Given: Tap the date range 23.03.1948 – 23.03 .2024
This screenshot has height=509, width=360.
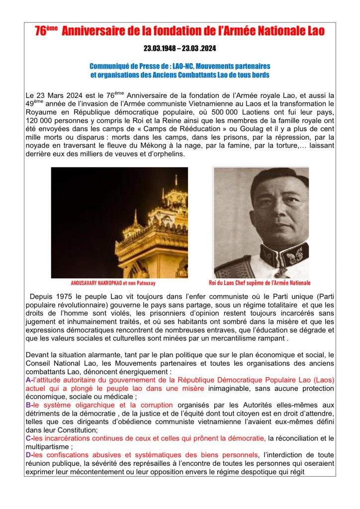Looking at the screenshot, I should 180,49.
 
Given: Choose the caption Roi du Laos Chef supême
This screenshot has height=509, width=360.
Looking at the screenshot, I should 260,283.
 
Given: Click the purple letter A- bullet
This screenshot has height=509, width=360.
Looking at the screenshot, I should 28,380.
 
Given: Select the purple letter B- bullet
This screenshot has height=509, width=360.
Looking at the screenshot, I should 28,405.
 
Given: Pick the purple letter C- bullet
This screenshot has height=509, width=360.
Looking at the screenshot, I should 28,438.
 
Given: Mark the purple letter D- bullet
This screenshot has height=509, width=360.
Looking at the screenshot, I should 28,455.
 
